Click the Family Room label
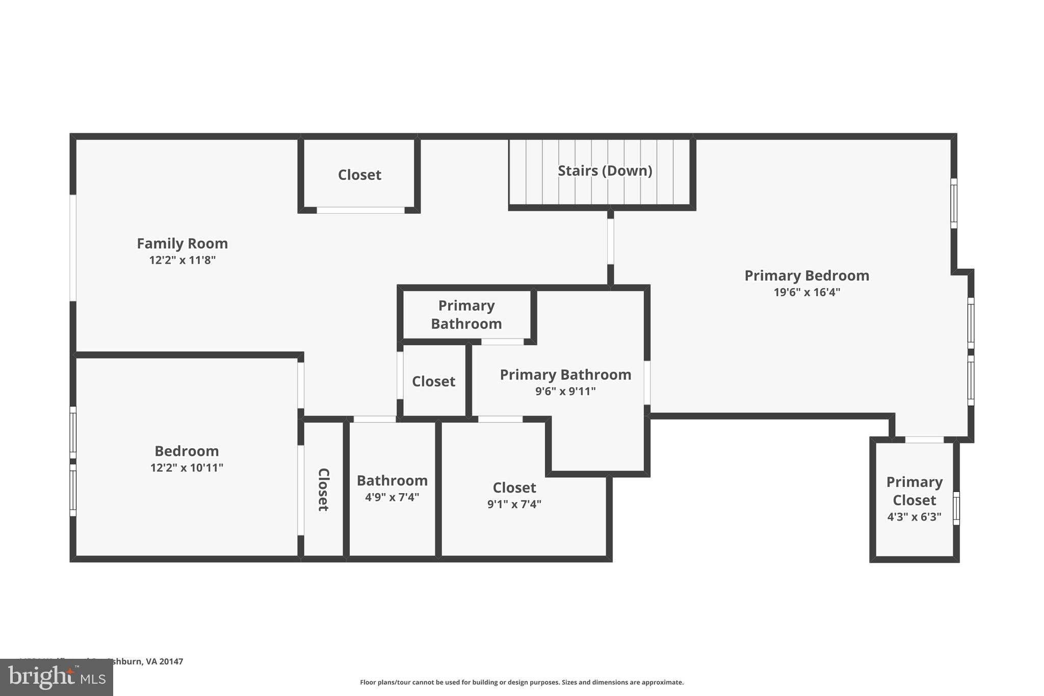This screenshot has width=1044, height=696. pos(182,244)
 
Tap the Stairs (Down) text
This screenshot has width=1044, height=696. pos(605,171)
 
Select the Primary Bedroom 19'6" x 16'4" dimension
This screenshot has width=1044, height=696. pos(806,292)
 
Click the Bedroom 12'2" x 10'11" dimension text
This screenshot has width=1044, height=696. pos(187,468)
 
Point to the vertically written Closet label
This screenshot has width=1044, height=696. pos(323,489)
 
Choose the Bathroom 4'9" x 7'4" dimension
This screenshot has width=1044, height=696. pos(391,497)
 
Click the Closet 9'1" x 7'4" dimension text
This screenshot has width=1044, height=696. pos(514,504)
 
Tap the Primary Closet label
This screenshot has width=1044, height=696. pos(914,491)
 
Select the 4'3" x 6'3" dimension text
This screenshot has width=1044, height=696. pos(914,517)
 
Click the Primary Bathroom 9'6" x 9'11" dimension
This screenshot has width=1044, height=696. pos(565,392)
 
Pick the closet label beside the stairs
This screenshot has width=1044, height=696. pos(359,175)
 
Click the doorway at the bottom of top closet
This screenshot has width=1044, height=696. pos(360,210)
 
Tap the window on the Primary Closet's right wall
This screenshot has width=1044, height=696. pos(956,508)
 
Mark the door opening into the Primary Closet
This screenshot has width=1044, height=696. pos(924,440)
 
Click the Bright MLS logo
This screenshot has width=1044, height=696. pos(56,677)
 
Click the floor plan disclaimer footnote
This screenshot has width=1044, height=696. pos(521,682)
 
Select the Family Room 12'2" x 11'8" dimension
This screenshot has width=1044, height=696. pos(182,261)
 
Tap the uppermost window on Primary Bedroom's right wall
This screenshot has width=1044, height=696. pos(953,203)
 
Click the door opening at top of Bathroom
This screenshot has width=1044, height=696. pos(374,419)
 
